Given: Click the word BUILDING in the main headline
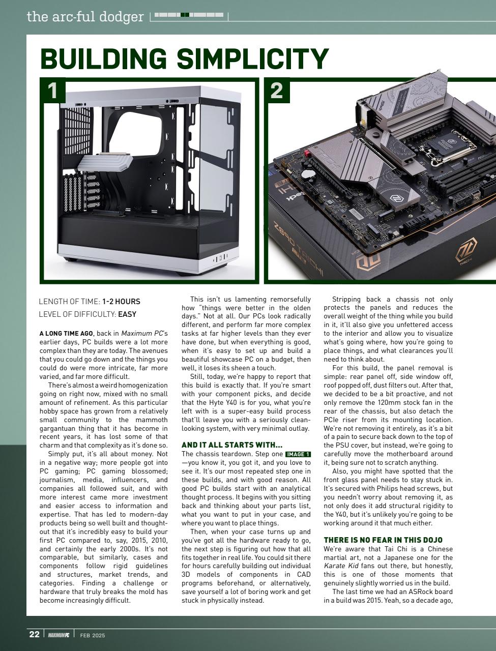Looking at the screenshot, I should [x=103, y=59].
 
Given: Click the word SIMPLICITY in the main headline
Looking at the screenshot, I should [x=252, y=59].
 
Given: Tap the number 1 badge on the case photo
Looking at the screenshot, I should [x=52, y=91].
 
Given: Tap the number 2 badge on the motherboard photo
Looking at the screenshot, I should [x=276, y=91].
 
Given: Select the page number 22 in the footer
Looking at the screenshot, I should [x=34, y=634].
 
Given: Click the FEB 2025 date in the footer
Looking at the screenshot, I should [x=93, y=635].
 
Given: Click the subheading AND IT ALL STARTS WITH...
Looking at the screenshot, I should [x=231, y=445].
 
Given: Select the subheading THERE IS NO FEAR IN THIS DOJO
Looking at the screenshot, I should [x=383, y=540].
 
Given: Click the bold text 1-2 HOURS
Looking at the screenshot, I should [x=121, y=302].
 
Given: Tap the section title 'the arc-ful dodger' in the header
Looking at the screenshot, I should [x=85, y=17].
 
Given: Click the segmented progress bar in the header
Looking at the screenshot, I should [x=189, y=15].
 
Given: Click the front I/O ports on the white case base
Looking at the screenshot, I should [x=220, y=258].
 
